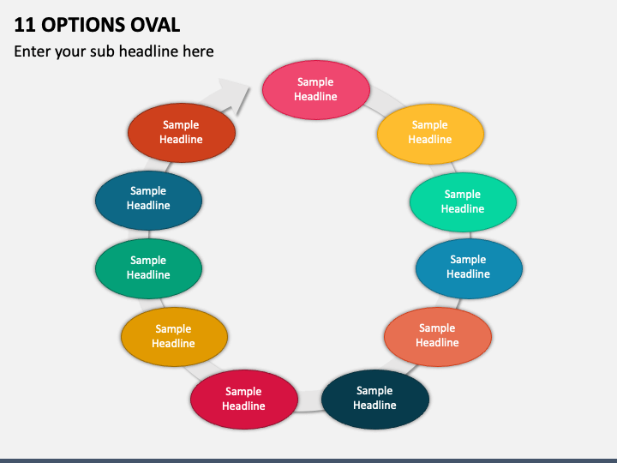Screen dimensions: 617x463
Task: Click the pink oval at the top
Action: (x=316, y=90)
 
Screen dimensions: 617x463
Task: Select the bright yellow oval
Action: (x=430, y=134)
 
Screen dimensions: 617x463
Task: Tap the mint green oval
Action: (x=463, y=202)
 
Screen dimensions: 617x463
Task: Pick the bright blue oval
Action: (x=469, y=268)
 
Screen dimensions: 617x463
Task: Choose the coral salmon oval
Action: (x=438, y=337)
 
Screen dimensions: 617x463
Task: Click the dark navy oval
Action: (x=375, y=399)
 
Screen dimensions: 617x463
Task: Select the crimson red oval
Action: (x=244, y=400)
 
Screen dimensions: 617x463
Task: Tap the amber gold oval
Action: (x=174, y=337)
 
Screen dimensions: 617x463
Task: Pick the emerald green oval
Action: (x=149, y=268)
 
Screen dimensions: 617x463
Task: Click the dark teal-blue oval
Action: (x=149, y=201)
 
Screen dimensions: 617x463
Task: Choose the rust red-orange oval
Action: (x=182, y=133)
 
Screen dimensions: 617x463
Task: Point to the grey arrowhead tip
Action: (x=250, y=87)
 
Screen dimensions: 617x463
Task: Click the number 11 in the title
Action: (x=24, y=25)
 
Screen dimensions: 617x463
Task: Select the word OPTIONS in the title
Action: (x=82, y=25)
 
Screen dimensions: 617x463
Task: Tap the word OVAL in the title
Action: (x=155, y=25)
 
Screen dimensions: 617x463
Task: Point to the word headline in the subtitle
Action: (x=149, y=51)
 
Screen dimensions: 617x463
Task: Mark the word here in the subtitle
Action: (x=198, y=51)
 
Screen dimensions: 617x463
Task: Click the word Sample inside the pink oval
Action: (x=315, y=82)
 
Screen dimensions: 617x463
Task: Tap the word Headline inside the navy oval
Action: (x=374, y=405)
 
